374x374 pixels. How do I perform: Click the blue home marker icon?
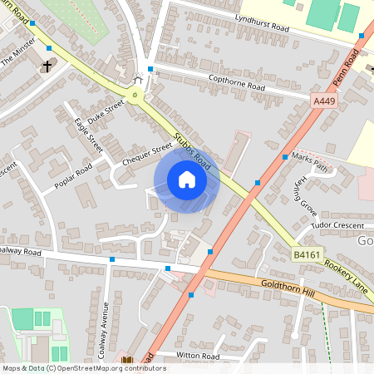pos(186,180)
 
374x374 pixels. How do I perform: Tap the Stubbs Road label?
pos(192,150)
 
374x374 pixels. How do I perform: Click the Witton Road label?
pos(198,355)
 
